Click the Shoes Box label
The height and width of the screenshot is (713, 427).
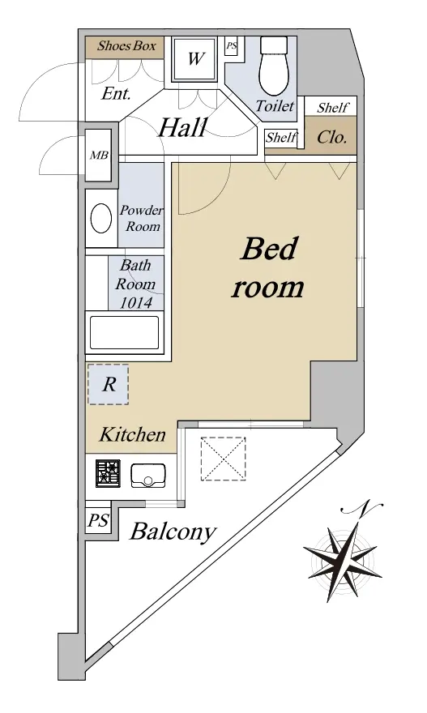tap(126, 45)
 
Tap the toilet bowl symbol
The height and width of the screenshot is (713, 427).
tap(274, 66)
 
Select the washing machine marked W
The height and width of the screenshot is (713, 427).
tap(195, 58)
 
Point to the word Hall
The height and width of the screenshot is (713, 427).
tap(183, 127)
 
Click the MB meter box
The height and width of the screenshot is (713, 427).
tap(99, 155)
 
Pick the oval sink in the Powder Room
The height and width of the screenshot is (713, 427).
tap(101, 218)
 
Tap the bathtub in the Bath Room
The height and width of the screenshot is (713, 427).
tap(125, 332)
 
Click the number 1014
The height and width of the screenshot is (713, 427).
tap(135, 302)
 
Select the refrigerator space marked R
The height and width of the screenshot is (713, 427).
tap(109, 384)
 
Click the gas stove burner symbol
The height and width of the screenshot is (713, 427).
tap(109, 473)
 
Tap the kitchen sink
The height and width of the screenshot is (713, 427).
tap(148, 475)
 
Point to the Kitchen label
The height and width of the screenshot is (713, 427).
tap(132, 435)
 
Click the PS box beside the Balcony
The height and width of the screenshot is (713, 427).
tap(98, 520)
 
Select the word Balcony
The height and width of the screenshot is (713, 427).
tap(173, 532)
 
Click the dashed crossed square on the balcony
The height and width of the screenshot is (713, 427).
tap(224, 459)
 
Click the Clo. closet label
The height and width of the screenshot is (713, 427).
tap(332, 136)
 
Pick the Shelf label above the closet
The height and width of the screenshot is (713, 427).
tap(333, 108)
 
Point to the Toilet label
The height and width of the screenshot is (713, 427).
tap(275, 106)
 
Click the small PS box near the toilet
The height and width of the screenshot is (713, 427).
tap(232, 46)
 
